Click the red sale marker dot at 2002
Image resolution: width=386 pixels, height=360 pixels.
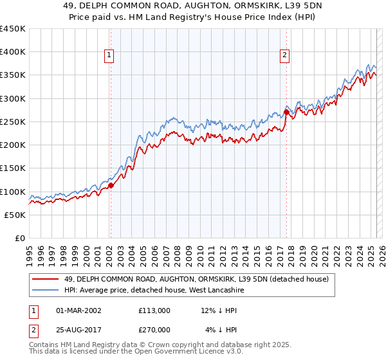(x=110, y=185)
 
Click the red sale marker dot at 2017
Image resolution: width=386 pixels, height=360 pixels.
(x=286, y=113)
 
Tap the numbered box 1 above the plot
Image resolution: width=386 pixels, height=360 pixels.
(x=110, y=56)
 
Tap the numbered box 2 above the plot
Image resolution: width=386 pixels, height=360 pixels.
(x=284, y=56)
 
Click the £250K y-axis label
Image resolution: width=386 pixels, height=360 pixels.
(x=13, y=122)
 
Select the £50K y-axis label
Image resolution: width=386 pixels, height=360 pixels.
(x=15, y=215)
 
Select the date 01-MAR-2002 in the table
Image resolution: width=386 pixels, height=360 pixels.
(x=78, y=310)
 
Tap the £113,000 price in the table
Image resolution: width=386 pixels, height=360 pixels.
(x=154, y=310)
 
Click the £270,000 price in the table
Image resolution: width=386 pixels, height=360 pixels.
(x=154, y=330)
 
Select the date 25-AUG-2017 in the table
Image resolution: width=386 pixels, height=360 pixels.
(x=78, y=330)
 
